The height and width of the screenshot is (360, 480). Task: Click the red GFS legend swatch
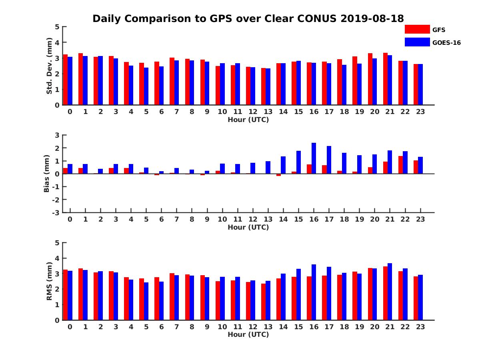click(417, 29)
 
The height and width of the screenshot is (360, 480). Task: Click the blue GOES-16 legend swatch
click(417, 42)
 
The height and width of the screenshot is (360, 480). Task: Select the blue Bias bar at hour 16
click(314, 158)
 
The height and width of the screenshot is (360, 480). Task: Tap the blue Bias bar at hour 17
click(329, 160)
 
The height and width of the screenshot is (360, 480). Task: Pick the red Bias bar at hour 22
click(400, 165)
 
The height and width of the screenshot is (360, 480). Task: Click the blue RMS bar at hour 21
click(390, 292)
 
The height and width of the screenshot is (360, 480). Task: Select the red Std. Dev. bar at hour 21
click(385, 79)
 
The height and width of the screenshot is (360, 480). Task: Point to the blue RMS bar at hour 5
click(146, 301)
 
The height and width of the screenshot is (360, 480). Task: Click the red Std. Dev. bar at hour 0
click(65, 80)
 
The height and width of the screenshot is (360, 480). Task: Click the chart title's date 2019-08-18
click(372, 18)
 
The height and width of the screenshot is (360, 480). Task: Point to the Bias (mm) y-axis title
click(47, 174)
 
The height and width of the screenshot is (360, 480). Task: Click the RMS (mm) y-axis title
click(50, 281)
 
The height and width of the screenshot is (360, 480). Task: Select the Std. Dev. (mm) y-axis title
click(50, 66)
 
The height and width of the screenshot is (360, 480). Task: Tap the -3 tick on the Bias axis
click(56, 212)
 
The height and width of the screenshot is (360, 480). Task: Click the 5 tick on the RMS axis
click(57, 243)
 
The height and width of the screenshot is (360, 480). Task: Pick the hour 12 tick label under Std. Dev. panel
click(253, 112)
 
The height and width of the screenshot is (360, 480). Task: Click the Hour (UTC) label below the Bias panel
click(248, 227)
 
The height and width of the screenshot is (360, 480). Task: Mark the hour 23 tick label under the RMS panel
click(420, 326)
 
